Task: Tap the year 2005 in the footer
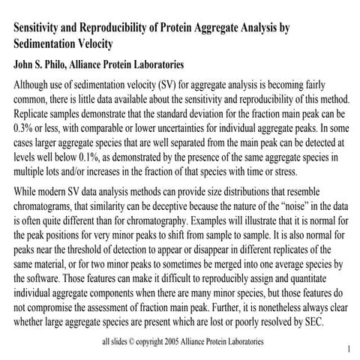tap(179, 342)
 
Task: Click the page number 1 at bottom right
tap(349, 350)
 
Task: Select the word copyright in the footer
tap(148, 342)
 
